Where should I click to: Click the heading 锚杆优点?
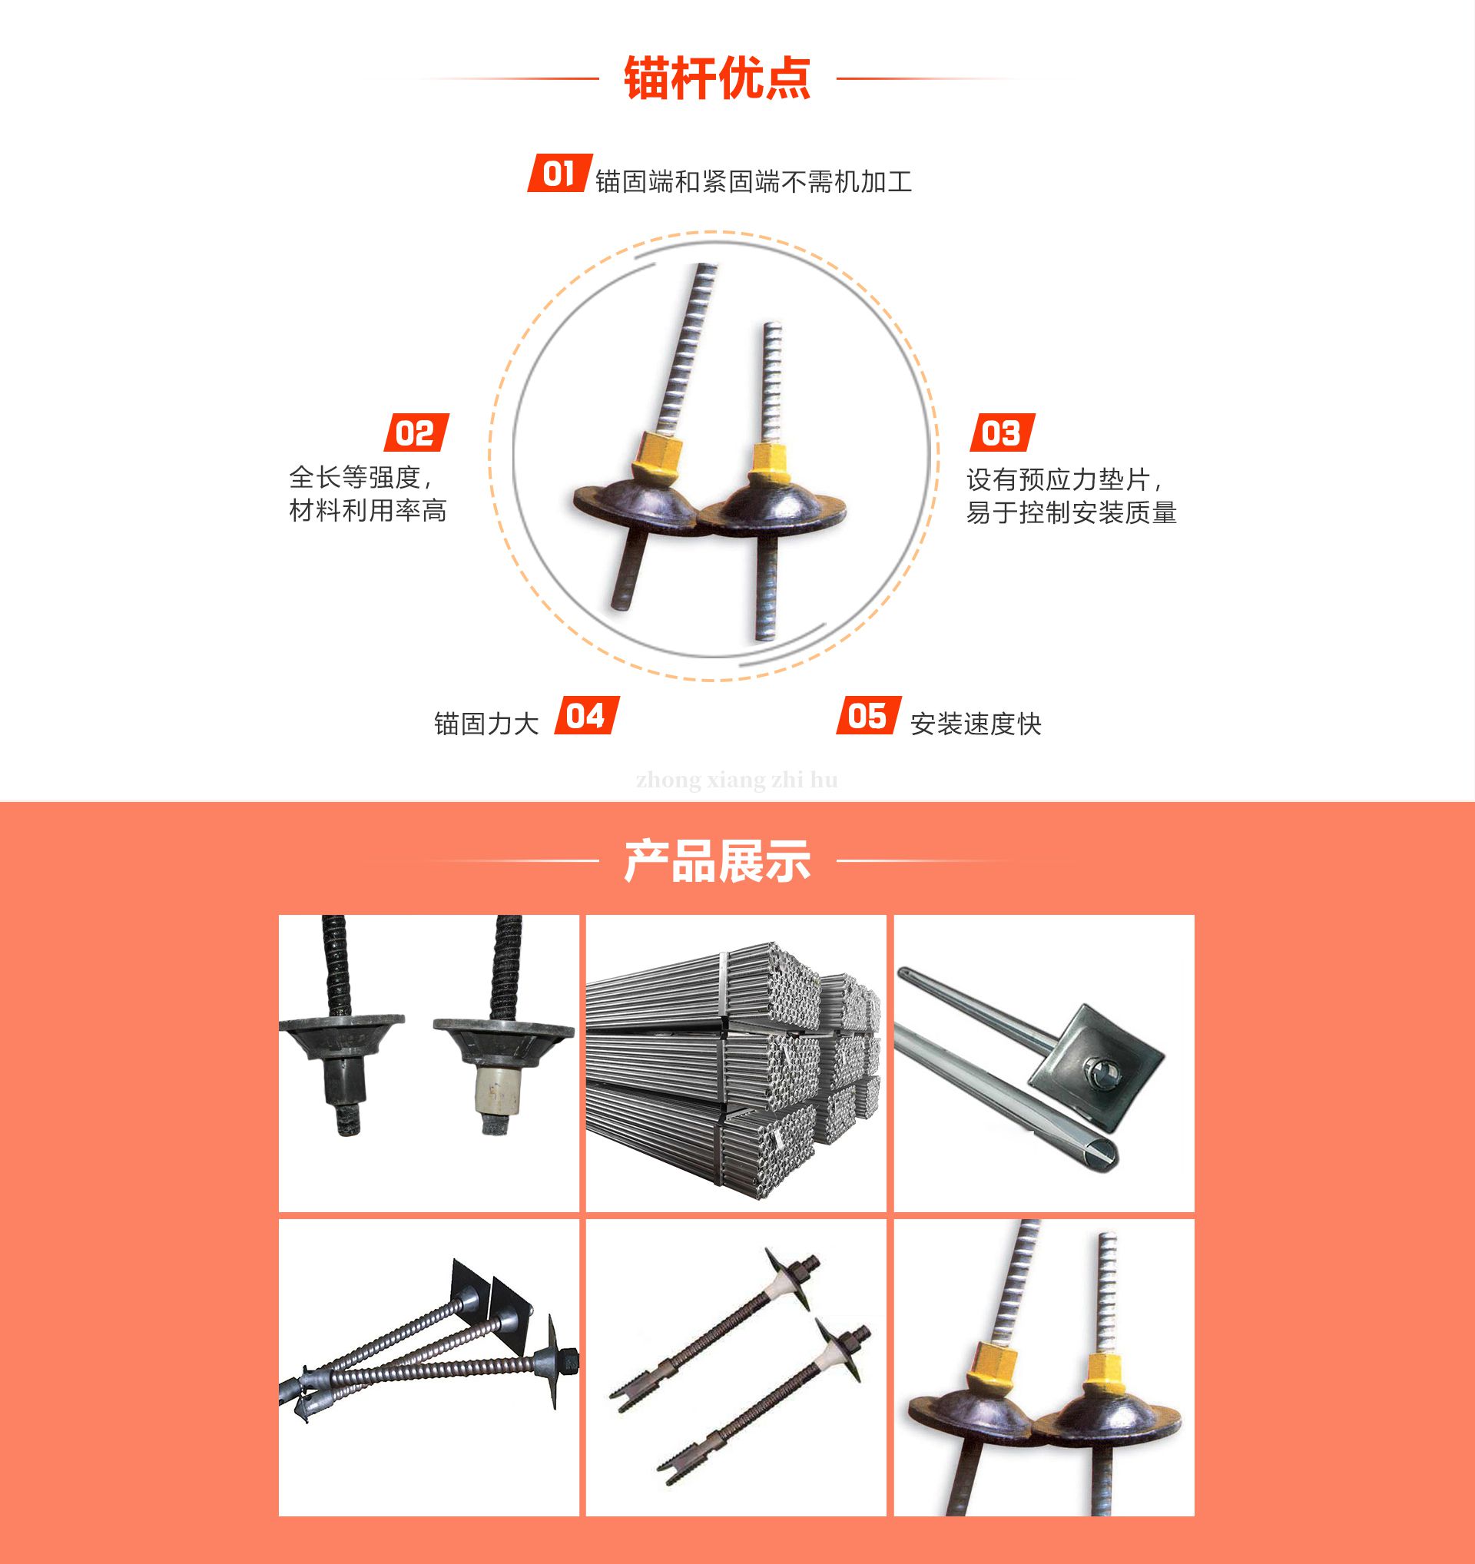(x=717, y=78)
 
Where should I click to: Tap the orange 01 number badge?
(x=559, y=173)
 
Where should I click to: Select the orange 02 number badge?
(x=416, y=432)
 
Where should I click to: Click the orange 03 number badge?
(x=1002, y=432)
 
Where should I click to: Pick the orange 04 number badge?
(x=586, y=716)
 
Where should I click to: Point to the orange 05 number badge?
(x=867, y=716)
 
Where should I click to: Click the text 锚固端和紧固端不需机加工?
(x=754, y=182)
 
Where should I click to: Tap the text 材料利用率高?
(x=368, y=511)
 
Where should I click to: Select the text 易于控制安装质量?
(x=1071, y=512)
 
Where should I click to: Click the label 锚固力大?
(x=486, y=724)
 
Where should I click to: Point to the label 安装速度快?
(x=976, y=724)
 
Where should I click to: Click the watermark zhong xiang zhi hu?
(x=737, y=780)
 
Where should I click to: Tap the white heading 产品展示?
(x=717, y=860)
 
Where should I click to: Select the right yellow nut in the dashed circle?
(x=767, y=462)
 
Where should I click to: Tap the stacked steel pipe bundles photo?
(x=735, y=1062)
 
